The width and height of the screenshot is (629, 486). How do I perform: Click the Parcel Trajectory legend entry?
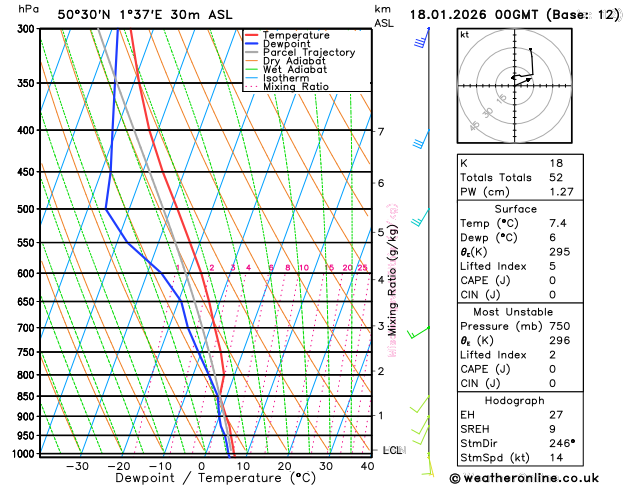click(x=308, y=52)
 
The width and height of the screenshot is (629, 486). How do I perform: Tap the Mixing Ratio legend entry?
click(x=296, y=86)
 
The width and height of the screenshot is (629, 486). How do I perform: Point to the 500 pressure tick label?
click(x=26, y=209)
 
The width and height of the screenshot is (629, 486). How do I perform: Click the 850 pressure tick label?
click(x=26, y=396)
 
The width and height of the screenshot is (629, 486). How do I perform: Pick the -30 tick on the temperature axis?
click(x=77, y=465)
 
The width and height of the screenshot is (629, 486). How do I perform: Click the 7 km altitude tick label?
click(x=380, y=131)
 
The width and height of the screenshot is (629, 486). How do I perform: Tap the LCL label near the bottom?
click(x=392, y=450)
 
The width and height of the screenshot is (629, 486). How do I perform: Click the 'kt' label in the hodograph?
click(x=464, y=35)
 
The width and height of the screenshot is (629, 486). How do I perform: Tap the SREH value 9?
click(x=553, y=428)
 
